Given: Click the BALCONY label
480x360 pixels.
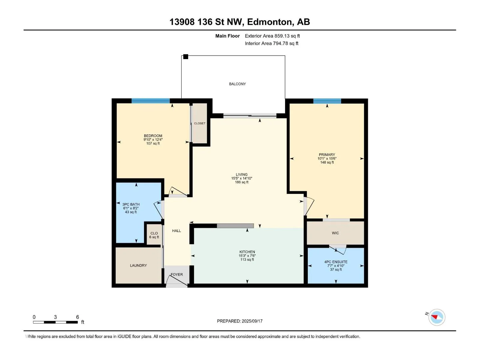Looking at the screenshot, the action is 237,84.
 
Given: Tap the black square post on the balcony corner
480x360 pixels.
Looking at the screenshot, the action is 186,57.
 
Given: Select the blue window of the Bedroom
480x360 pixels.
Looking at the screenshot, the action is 151,101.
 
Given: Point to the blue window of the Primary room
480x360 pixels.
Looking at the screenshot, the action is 327,101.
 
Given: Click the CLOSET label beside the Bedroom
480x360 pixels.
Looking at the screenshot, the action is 200,123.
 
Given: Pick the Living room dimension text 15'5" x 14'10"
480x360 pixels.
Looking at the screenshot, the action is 241,178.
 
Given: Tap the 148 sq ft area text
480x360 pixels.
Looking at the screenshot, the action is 327,162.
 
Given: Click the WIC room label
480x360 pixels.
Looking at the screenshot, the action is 335,233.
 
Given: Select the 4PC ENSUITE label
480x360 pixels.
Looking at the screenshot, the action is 336,262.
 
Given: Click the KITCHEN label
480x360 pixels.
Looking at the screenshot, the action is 247,252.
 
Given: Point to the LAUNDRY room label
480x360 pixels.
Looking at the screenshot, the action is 138,265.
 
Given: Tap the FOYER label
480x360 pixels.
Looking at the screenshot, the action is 177,274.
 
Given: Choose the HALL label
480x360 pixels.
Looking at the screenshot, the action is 176,231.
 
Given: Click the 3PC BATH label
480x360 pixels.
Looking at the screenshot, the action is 131,204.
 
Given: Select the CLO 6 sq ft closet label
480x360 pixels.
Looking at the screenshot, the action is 154,235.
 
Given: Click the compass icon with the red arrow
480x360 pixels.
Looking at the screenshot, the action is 436,317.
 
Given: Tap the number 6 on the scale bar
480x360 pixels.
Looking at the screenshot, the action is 77,317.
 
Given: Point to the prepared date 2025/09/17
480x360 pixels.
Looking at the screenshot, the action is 252,321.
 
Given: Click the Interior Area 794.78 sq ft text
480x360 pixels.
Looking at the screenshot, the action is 271,43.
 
